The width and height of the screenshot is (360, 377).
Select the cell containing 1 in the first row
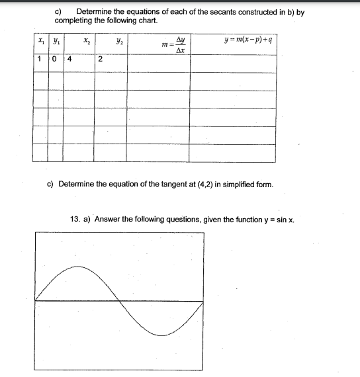(40, 60)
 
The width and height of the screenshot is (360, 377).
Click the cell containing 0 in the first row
(56, 60)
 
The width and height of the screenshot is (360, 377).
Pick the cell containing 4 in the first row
(69, 60)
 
